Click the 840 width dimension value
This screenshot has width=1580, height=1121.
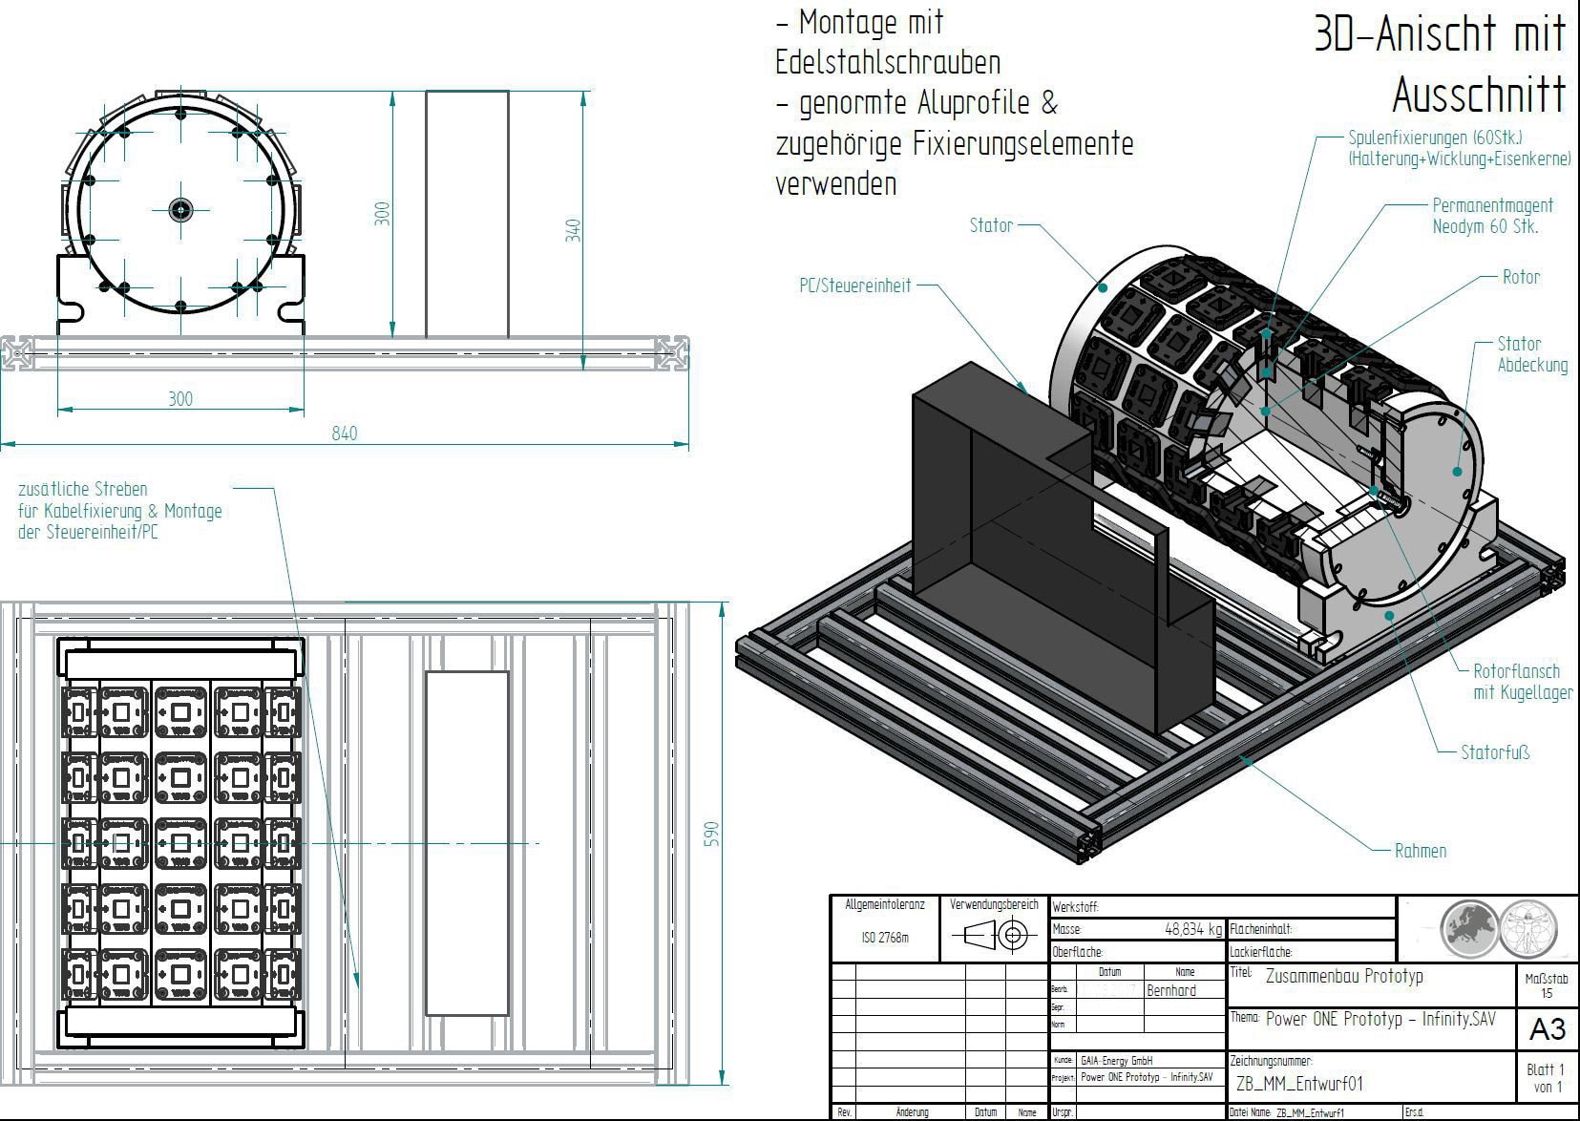pos(344,434)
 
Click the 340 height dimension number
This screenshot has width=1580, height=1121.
pos(573,230)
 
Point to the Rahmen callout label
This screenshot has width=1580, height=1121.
pos(1420,851)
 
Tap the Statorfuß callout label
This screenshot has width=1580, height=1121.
pos(1494,752)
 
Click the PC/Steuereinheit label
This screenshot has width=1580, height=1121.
pos(854,286)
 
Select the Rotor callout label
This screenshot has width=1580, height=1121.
pos(1521,277)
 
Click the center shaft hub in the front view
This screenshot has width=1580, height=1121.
pos(180,209)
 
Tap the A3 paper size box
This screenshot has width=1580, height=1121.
pos(1547,1028)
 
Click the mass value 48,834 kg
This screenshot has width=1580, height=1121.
pos(1192,929)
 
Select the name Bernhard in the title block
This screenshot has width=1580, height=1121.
pos(1170,990)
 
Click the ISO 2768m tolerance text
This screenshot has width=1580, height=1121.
pos(885,938)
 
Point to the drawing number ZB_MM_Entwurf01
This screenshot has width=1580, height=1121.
pos(1299,1084)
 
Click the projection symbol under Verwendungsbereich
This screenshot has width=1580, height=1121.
pos(995,935)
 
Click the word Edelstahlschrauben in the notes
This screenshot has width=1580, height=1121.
pos(888,63)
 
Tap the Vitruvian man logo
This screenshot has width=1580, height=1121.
pos(1527,927)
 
